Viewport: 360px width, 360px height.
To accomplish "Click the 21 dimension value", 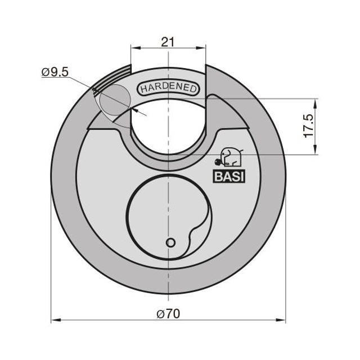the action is coord(168,42).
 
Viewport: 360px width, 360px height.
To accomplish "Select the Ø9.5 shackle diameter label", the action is coord(55,73).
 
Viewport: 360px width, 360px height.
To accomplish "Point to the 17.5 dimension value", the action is coord(309,126).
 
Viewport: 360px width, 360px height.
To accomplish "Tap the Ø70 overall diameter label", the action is coord(168,314).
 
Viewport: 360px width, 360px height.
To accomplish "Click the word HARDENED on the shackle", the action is coord(169,88).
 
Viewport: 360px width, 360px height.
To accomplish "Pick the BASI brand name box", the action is coord(229,177).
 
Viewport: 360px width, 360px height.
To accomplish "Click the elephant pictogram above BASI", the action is coord(229,157).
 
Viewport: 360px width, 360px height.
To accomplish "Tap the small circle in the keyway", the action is coord(170,242).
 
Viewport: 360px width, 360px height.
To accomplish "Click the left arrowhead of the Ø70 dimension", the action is coord(56,320).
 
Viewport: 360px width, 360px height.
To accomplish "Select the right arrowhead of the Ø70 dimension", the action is coord(281,320).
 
